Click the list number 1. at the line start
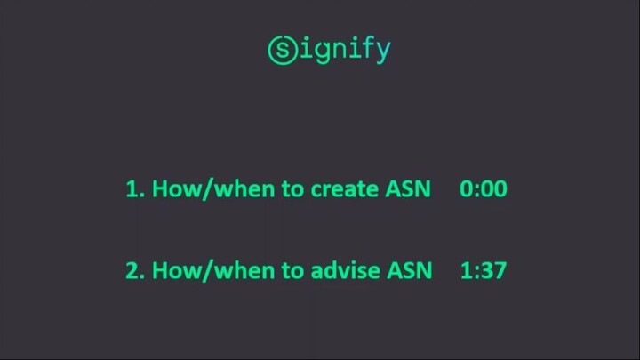pos(132,189)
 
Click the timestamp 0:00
pos(484,189)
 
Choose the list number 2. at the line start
pos(133,271)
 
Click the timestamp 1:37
pos(484,271)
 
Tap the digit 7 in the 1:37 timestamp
pos(500,271)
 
